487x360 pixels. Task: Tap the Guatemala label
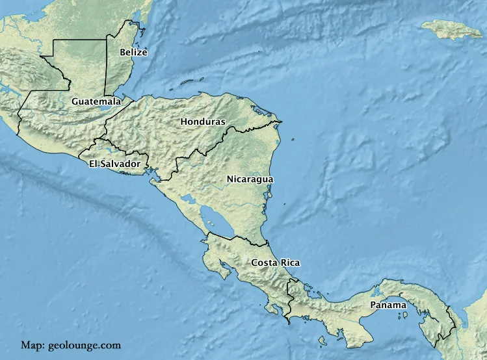click(96, 101)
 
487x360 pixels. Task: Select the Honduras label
click(203, 122)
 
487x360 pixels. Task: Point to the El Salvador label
click(115, 164)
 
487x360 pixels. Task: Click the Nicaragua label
click(250, 179)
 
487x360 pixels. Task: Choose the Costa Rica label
click(275, 263)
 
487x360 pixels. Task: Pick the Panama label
click(388, 305)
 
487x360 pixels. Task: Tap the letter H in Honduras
click(184, 122)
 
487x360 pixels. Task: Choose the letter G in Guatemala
click(75, 101)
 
